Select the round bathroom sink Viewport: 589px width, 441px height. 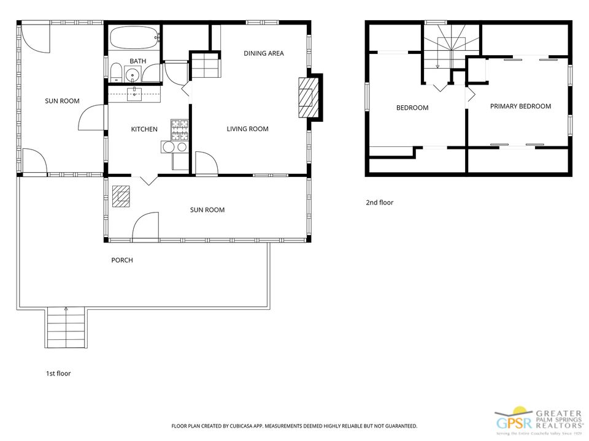133,76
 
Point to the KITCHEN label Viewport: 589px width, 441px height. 144,129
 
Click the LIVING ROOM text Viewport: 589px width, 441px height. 247,129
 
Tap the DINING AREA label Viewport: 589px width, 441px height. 263,53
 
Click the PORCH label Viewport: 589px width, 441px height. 121,260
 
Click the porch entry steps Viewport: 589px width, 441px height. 66,328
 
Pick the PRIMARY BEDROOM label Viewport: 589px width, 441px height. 520,106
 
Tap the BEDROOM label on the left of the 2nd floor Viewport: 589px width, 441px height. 412,108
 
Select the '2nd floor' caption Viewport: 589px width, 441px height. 379,203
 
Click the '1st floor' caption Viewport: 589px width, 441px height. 58,373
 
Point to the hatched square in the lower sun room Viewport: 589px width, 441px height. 121,196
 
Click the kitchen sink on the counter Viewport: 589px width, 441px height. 134,94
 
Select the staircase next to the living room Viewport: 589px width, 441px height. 205,66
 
